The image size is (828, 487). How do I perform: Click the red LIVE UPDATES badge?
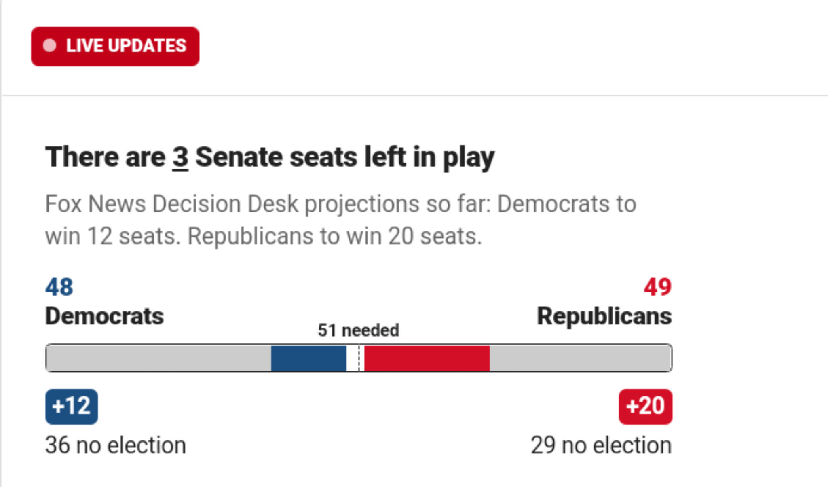tap(115, 47)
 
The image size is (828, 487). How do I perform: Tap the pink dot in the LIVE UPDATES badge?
tap(50, 46)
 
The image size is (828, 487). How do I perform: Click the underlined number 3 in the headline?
tap(180, 157)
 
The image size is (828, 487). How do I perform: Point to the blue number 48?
tap(59, 287)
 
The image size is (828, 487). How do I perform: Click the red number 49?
tap(657, 287)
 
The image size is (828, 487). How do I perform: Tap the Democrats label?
tap(104, 316)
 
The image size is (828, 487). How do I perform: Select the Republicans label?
tap(604, 316)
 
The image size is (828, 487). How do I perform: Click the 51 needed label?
tap(358, 330)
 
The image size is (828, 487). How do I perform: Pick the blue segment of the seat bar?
tap(308, 358)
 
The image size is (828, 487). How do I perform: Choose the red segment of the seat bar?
tap(427, 358)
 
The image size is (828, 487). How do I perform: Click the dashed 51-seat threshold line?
tap(359, 358)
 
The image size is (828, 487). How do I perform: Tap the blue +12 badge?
tap(72, 407)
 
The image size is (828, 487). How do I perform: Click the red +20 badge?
tap(645, 407)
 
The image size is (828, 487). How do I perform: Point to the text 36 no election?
tap(116, 445)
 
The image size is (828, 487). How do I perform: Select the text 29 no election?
tap(601, 445)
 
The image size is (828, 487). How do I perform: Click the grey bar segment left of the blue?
tap(158, 358)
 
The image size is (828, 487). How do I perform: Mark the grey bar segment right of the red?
tap(581, 358)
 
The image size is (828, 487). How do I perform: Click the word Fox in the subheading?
tap(63, 203)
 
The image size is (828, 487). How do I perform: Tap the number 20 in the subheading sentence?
tap(401, 236)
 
